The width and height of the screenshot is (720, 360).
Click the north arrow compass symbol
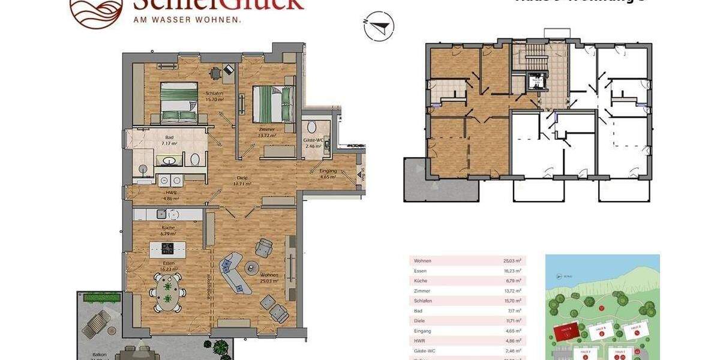coord(378,27)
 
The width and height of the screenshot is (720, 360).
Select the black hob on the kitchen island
coord(167,247)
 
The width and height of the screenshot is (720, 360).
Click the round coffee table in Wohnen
coord(251,268)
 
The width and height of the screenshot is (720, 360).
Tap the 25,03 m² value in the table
coord(512,261)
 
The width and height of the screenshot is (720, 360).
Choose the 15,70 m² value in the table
coord(512,301)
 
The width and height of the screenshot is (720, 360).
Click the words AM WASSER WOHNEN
coord(187,19)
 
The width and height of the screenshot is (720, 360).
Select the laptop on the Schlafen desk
coord(229,70)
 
